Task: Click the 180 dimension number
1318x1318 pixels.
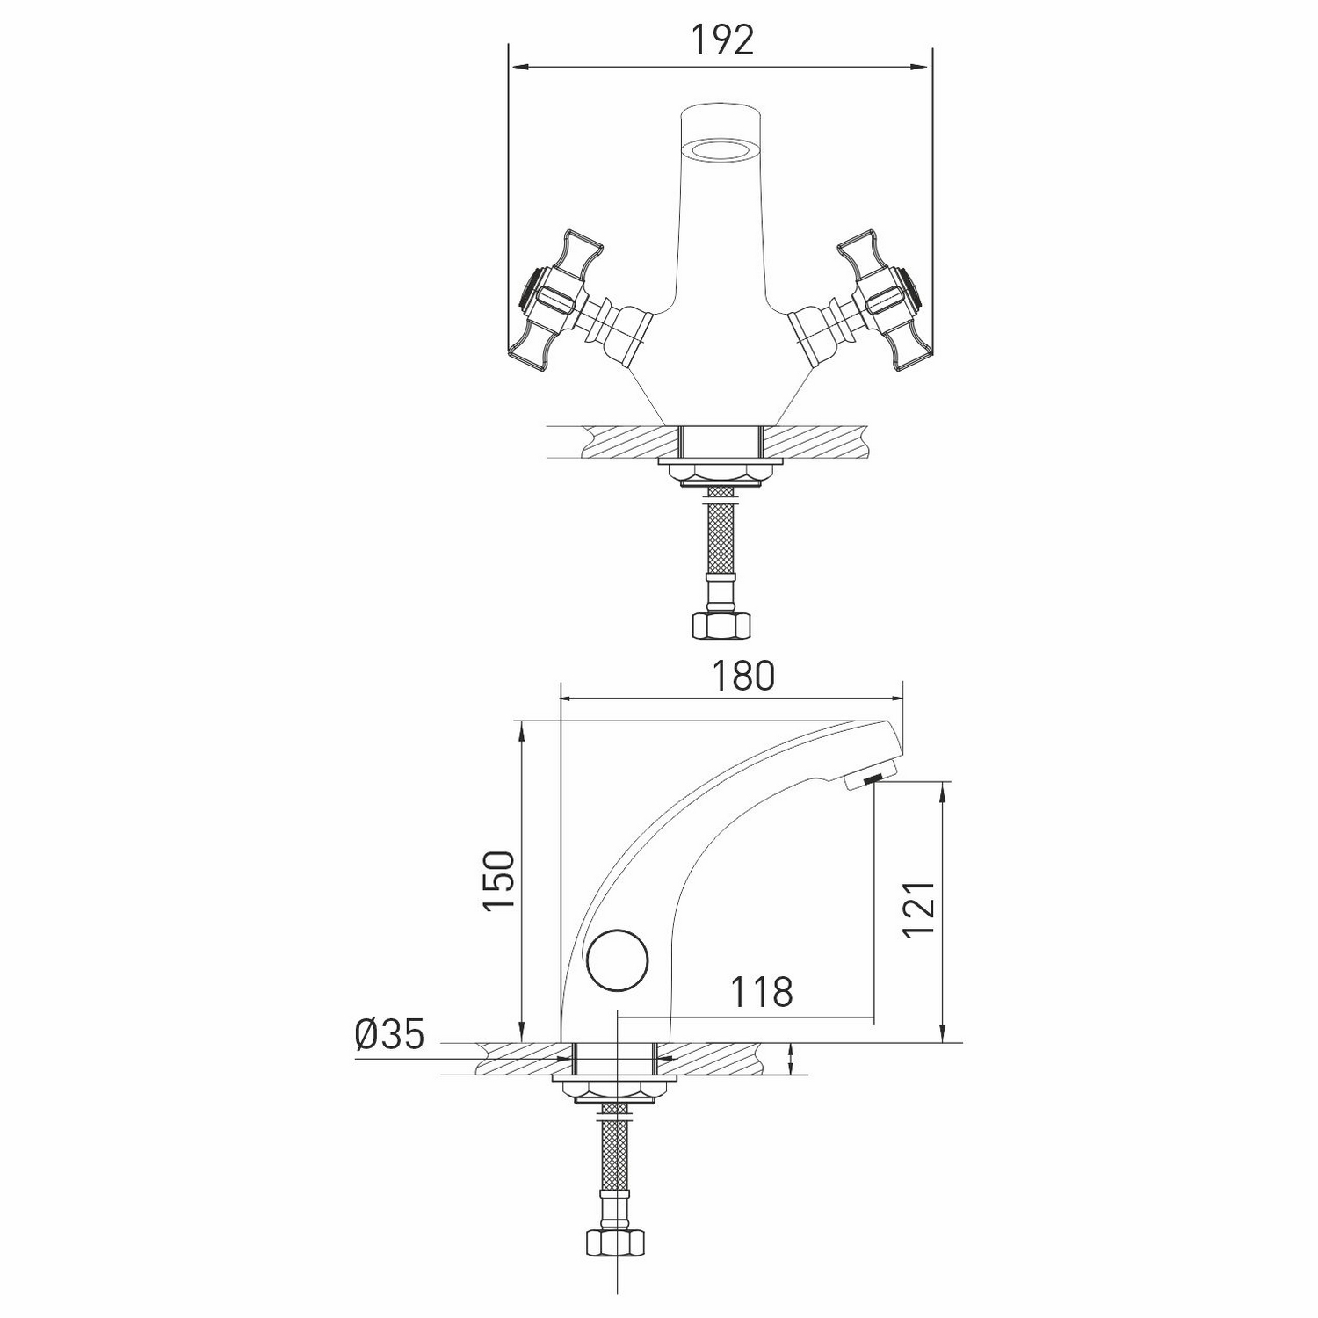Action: (742, 676)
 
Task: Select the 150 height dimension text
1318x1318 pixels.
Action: (498, 881)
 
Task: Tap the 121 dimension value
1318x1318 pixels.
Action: (917, 909)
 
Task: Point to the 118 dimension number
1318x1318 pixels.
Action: (763, 992)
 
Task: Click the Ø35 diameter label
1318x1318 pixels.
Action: (390, 1034)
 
